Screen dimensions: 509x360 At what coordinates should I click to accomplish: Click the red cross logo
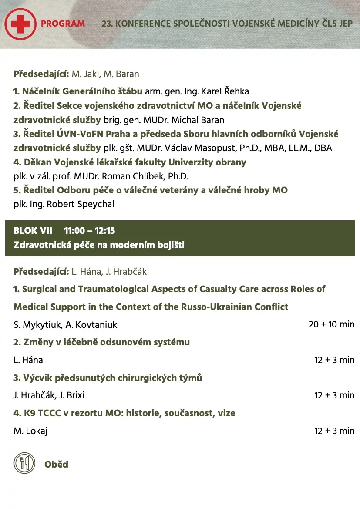(x=20, y=24)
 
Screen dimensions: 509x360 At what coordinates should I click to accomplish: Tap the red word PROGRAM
(x=63, y=24)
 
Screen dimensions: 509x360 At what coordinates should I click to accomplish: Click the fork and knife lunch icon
(x=24, y=463)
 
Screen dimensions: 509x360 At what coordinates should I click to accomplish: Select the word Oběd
(x=56, y=464)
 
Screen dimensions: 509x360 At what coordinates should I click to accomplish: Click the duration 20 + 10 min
(x=331, y=324)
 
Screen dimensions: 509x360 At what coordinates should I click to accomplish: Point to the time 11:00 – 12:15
(x=89, y=231)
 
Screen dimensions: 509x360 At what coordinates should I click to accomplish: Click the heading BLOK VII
(x=33, y=231)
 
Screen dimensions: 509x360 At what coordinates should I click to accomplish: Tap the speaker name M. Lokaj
(x=30, y=431)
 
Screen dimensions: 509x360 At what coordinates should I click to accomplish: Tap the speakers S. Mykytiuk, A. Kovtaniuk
(x=65, y=325)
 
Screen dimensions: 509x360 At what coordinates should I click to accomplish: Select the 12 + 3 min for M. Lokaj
(x=334, y=431)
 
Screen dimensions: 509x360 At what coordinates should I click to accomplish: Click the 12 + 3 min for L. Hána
(x=334, y=360)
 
